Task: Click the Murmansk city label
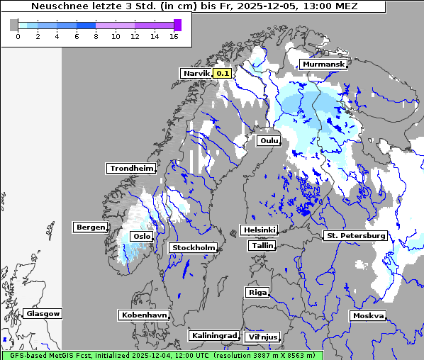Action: tap(323, 64)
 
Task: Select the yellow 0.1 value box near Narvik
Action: tap(223, 73)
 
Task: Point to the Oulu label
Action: tap(269, 141)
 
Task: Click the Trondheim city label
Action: tap(131, 169)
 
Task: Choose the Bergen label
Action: tap(89, 227)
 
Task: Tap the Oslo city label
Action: tap(142, 237)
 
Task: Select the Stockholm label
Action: tap(193, 248)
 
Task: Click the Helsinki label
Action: tap(259, 230)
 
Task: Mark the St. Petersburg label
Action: tap(355, 235)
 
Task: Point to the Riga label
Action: tap(257, 292)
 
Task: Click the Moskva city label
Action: tap(368, 316)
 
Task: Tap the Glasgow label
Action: tap(43, 313)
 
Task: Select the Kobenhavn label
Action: tap(144, 315)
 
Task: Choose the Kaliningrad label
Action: tap(213, 335)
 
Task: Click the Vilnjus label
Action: tap(262, 337)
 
